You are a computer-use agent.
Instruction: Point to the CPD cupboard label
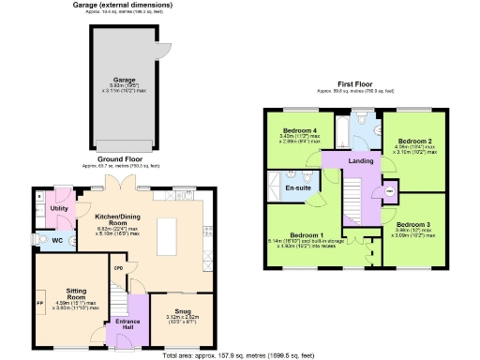tap(119, 268)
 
